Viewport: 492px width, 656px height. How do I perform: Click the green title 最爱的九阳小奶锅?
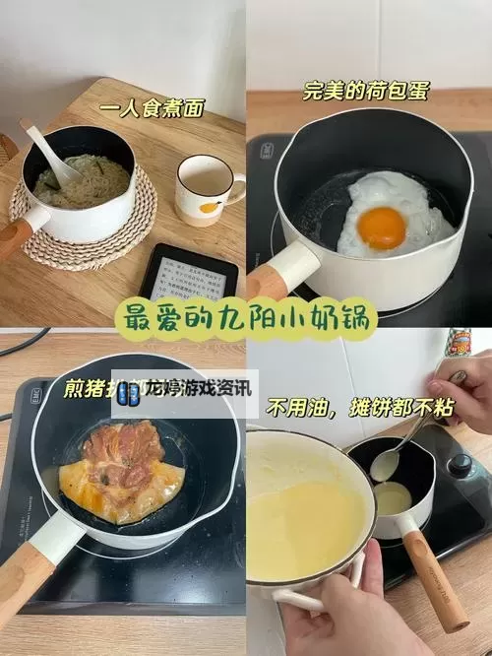coord(246,317)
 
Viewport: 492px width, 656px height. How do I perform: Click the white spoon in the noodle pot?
coord(49,153)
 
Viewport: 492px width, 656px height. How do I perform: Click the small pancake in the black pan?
coord(393,499)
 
